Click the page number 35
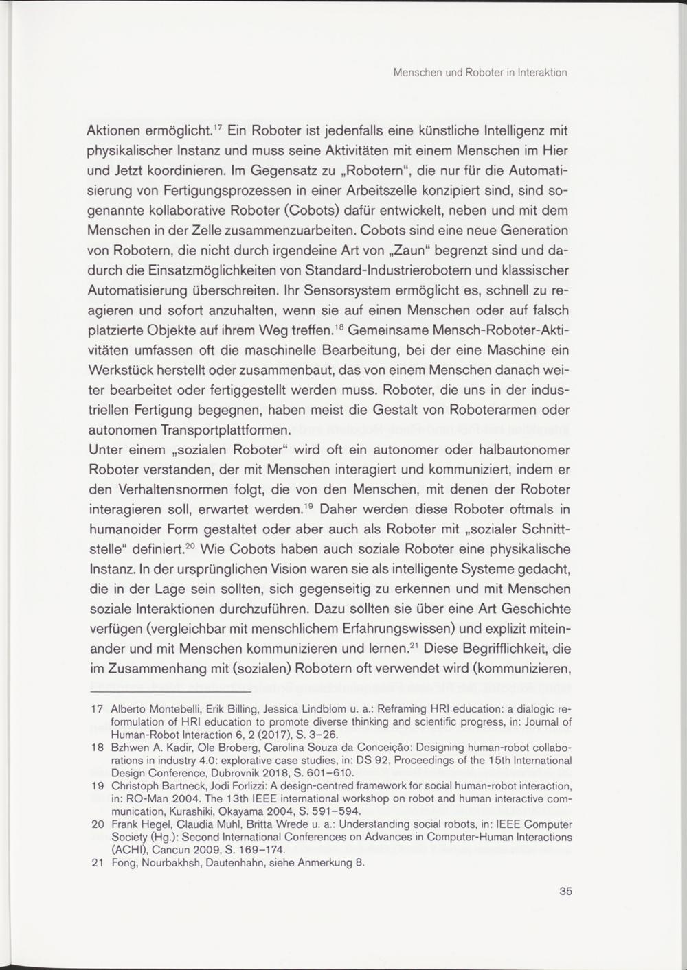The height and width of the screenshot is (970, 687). tap(565, 892)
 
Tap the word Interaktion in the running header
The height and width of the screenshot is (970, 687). tap(541, 73)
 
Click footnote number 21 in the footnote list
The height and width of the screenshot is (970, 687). tap(98, 863)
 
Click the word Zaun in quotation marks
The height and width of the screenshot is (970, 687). tap(420, 251)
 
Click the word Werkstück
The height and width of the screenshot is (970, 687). tap(123, 371)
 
